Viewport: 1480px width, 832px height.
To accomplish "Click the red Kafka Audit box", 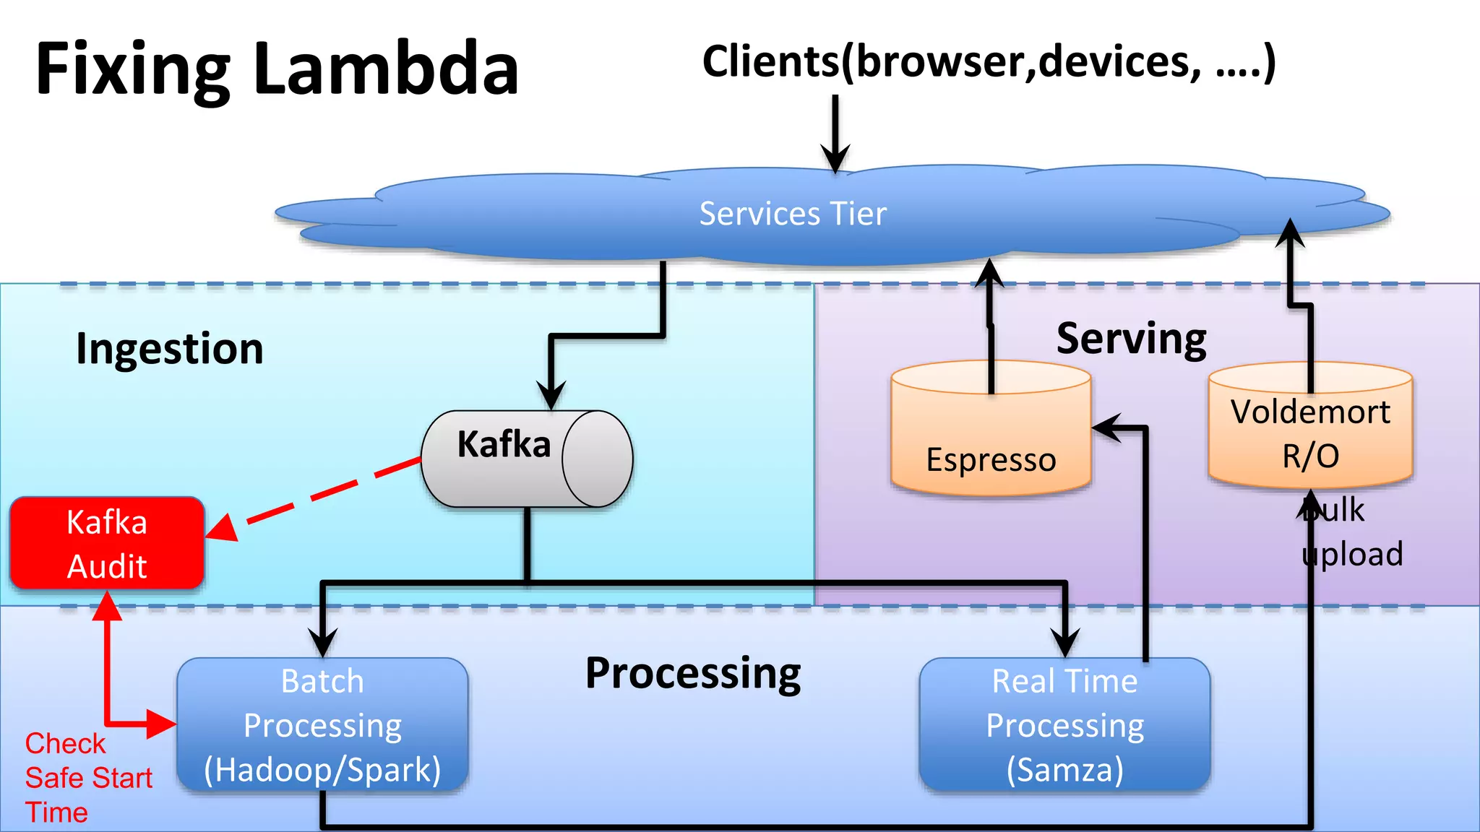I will click(x=107, y=543).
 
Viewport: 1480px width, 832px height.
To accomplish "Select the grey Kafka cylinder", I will click(x=526, y=459).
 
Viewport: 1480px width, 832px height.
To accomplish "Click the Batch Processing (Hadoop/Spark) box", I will click(x=322, y=724).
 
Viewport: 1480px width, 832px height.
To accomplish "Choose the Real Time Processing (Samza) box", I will click(x=1064, y=724).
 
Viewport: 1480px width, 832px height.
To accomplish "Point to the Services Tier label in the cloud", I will click(x=793, y=214).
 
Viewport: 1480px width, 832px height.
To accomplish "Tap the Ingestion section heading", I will click(x=170, y=349).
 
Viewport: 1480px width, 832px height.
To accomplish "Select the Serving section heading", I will click(x=1131, y=339).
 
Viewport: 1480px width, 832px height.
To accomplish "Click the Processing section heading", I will click(x=693, y=673).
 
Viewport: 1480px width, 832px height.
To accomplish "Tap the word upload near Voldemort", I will click(x=1353, y=554).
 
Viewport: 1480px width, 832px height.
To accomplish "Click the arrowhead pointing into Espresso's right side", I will click(x=1106, y=428).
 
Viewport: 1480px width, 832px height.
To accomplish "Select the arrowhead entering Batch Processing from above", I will click(x=322, y=641).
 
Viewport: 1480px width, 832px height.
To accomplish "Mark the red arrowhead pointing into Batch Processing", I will click(x=160, y=723).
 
